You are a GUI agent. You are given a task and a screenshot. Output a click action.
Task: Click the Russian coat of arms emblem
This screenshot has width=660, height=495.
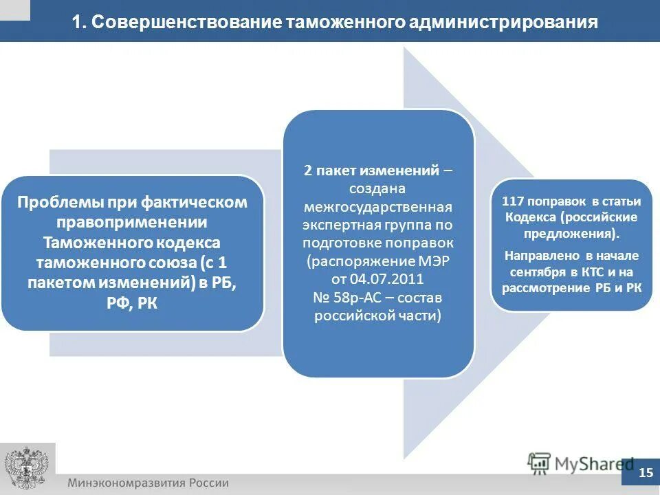coord(27,467)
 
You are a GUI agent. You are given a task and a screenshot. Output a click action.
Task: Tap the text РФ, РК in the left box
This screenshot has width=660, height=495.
coord(132,303)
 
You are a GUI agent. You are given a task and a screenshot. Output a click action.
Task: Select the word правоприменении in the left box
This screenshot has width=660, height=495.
coord(132,223)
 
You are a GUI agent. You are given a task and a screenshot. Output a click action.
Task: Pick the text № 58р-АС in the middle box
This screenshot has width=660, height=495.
coord(341,298)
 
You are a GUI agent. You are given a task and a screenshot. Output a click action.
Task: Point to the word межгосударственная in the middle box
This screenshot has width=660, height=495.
coord(377,207)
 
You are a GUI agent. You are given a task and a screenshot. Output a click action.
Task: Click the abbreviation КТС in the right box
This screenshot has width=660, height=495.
coord(593,272)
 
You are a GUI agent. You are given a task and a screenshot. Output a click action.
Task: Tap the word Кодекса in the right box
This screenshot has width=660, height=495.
coord(530,217)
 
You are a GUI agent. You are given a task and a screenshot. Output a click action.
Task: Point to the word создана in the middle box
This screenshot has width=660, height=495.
coord(377,188)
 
